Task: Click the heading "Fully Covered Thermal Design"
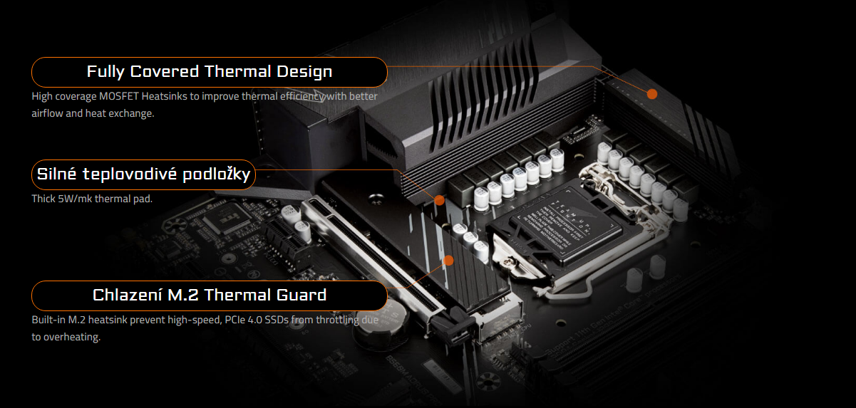click(x=210, y=72)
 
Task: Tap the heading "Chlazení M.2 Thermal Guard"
click(x=210, y=295)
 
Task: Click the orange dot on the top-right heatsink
click(x=651, y=94)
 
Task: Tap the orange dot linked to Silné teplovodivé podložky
click(x=440, y=200)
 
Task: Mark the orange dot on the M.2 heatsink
click(x=448, y=261)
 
